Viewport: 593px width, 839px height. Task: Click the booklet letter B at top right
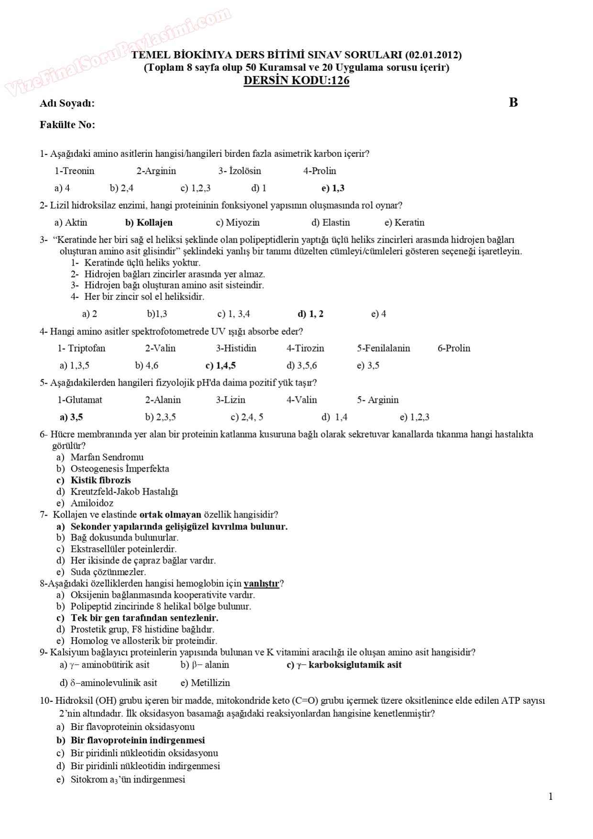(513, 102)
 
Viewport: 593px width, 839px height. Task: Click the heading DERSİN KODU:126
(296, 80)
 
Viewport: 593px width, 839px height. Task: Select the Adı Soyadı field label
(67, 103)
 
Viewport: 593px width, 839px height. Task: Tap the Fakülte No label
(67, 125)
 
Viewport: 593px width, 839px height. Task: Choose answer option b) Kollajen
(149, 222)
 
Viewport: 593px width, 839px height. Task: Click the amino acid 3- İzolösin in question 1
(240, 171)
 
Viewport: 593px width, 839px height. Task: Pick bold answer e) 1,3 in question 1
(333, 188)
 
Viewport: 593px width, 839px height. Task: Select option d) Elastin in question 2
(330, 222)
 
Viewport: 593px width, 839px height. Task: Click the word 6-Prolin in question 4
(454, 348)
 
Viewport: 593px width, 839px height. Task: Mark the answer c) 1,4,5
(220, 365)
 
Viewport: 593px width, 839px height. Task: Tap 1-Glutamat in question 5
(80, 400)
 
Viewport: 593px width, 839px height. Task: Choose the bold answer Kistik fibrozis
(100, 480)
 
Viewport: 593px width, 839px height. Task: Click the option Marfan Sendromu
(107, 457)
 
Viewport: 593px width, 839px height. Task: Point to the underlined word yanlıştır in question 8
(261, 584)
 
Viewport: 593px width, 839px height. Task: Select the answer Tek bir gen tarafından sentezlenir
(144, 618)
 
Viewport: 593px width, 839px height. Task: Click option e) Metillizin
(205, 683)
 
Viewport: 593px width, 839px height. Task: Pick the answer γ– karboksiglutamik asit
(344, 664)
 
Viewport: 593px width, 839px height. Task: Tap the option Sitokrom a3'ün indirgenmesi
(128, 779)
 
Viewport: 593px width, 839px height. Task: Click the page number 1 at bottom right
(550, 796)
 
